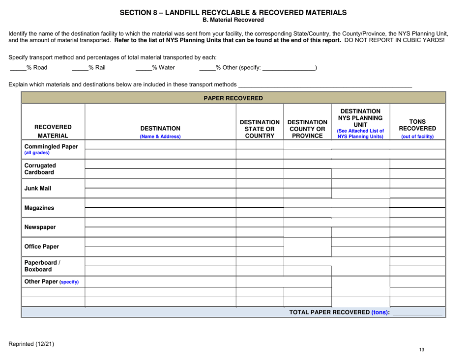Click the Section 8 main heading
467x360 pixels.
tap(233, 12)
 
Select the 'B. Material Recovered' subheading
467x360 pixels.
tap(233, 20)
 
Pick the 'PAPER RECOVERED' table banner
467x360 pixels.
tap(233, 98)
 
